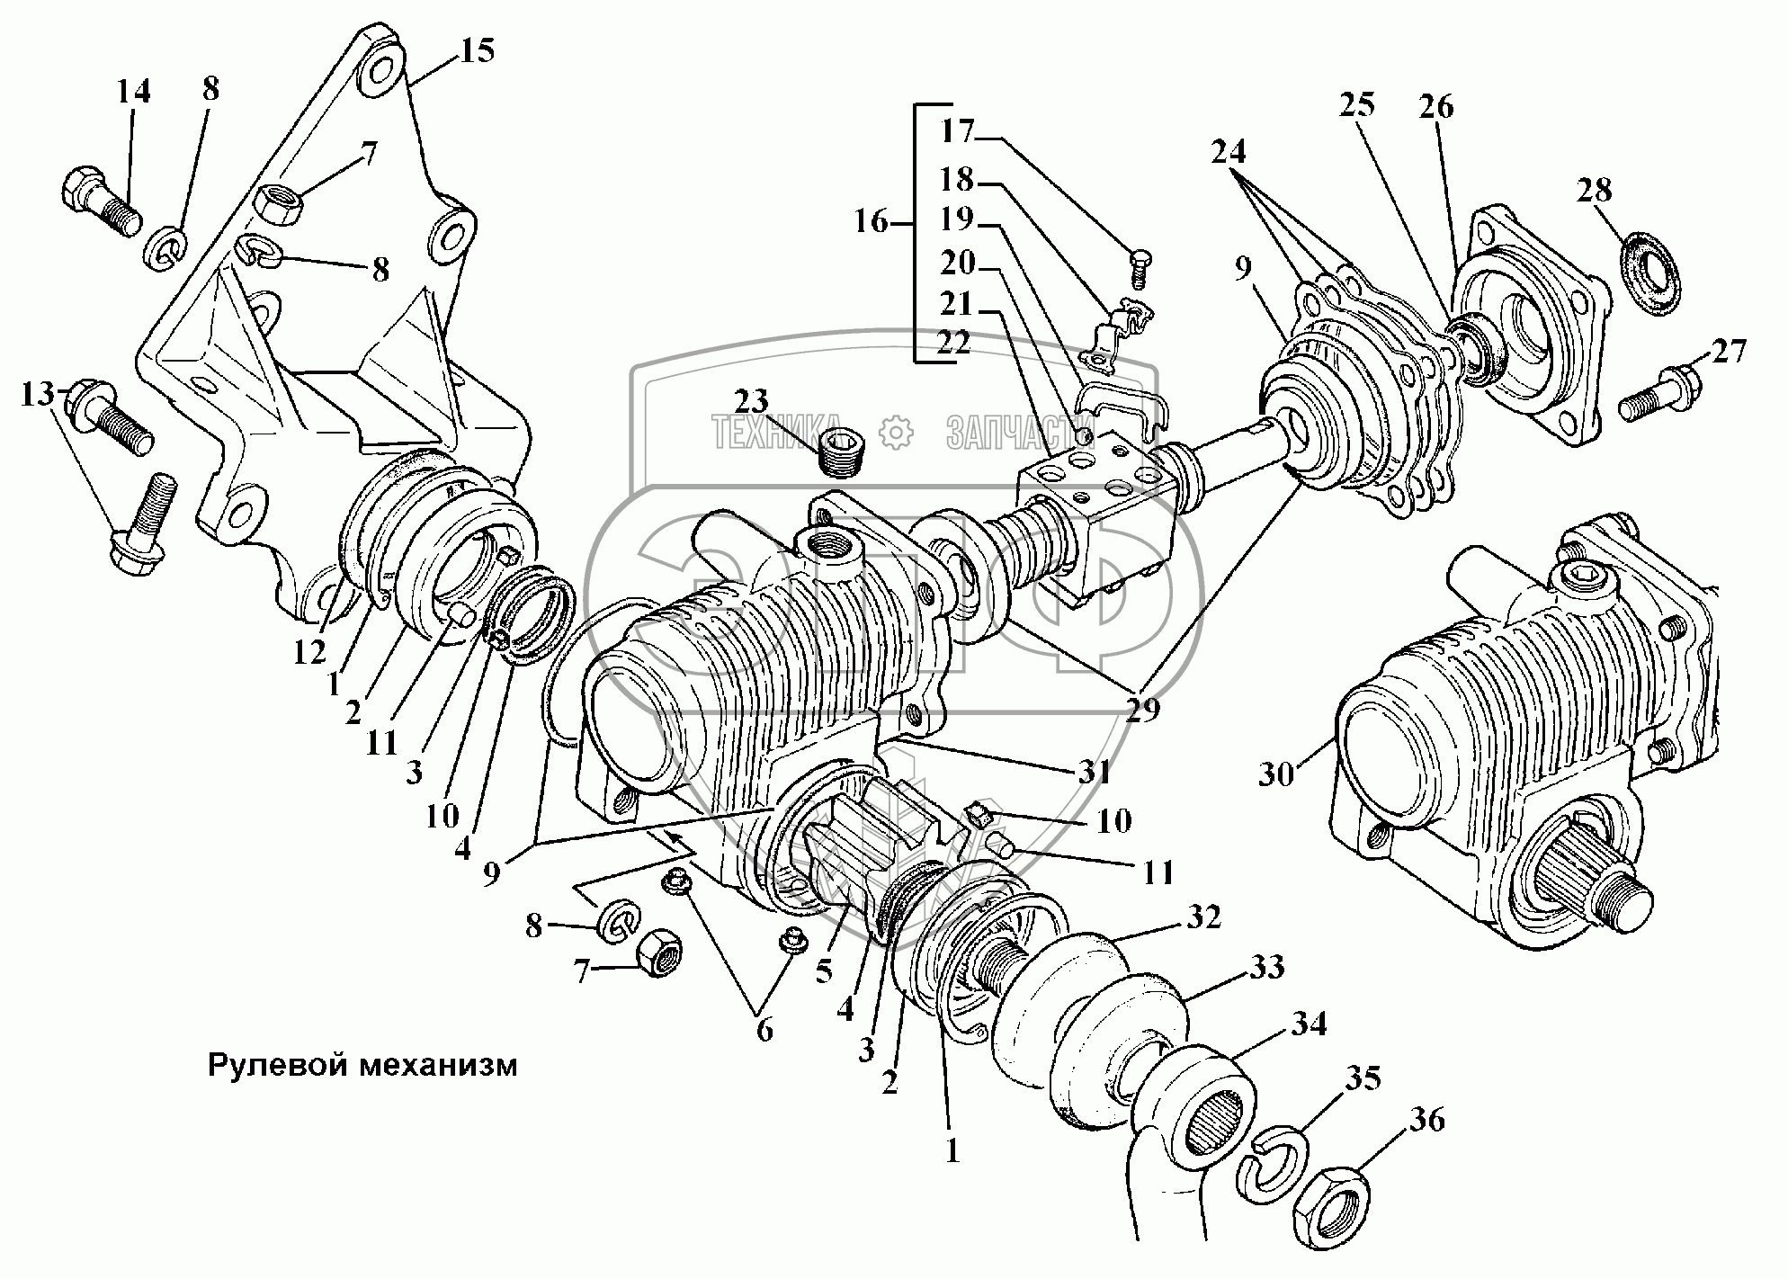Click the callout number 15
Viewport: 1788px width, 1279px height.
click(478, 50)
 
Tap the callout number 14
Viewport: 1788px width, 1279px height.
click(133, 92)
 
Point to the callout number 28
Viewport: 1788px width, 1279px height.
click(1593, 190)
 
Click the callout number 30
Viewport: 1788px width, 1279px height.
click(1275, 774)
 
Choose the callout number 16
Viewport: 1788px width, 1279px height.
click(871, 221)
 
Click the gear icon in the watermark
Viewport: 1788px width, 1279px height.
click(896, 433)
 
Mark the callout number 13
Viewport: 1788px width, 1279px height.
click(38, 394)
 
